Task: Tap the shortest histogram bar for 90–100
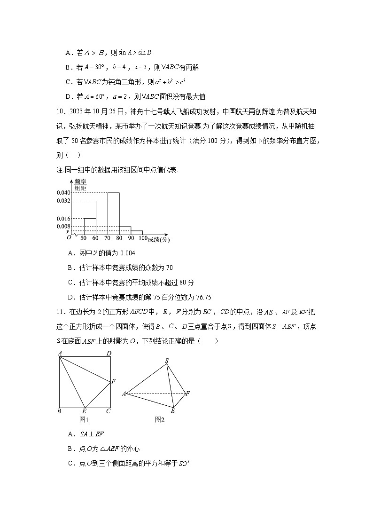pyautogui.click(x=136, y=232)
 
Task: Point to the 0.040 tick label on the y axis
pyautogui.click(x=64, y=193)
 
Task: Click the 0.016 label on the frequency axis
pyautogui.click(x=64, y=219)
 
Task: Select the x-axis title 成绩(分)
pyautogui.click(x=159, y=239)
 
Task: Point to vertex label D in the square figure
pyautogui.click(x=109, y=353)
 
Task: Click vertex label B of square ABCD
pyautogui.click(x=59, y=411)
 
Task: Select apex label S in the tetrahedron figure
pyautogui.click(x=166, y=361)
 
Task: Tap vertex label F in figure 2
pyautogui.click(x=188, y=393)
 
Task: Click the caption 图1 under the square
pyautogui.click(x=85, y=419)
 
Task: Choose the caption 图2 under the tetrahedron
pyautogui.click(x=160, y=419)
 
